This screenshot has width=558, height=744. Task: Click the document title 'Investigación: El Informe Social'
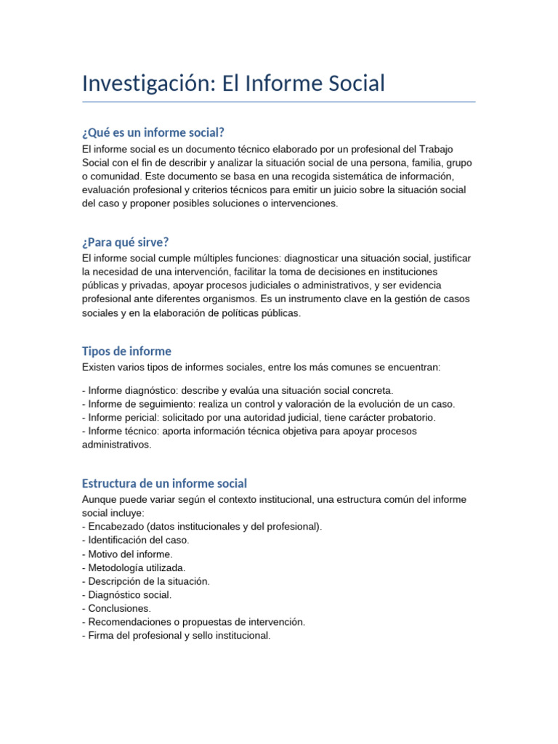pyautogui.click(x=233, y=83)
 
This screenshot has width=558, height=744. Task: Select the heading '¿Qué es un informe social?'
pyautogui.click(x=153, y=132)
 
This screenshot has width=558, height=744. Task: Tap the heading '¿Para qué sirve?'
pyautogui.click(x=125, y=242)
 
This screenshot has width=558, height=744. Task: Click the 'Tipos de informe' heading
pyautogui.click(x=126, y=352)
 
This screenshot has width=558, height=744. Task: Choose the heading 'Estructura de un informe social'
pyautogui.click(x=164, y=483)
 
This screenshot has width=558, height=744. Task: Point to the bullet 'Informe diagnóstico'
pyautogui.click(x=238, y=390)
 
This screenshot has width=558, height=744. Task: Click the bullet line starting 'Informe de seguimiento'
pyautogui.click(x=269, y=404)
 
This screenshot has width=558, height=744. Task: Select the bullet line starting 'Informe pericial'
pyautogui.click(x=259, y=418)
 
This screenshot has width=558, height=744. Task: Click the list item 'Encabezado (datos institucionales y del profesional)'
pyautogui.click(x=202, y=526)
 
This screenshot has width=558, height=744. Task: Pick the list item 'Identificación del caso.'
pyautogui.click(x=136, y=540)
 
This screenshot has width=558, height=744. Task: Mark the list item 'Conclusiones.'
pyautogui.click(x=116, y=608)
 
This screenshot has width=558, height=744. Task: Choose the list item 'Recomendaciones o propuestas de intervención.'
pyautogui.click(x=194, y=622)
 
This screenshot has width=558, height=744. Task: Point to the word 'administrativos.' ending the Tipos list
pyautogui.click(x=117, y=445)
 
